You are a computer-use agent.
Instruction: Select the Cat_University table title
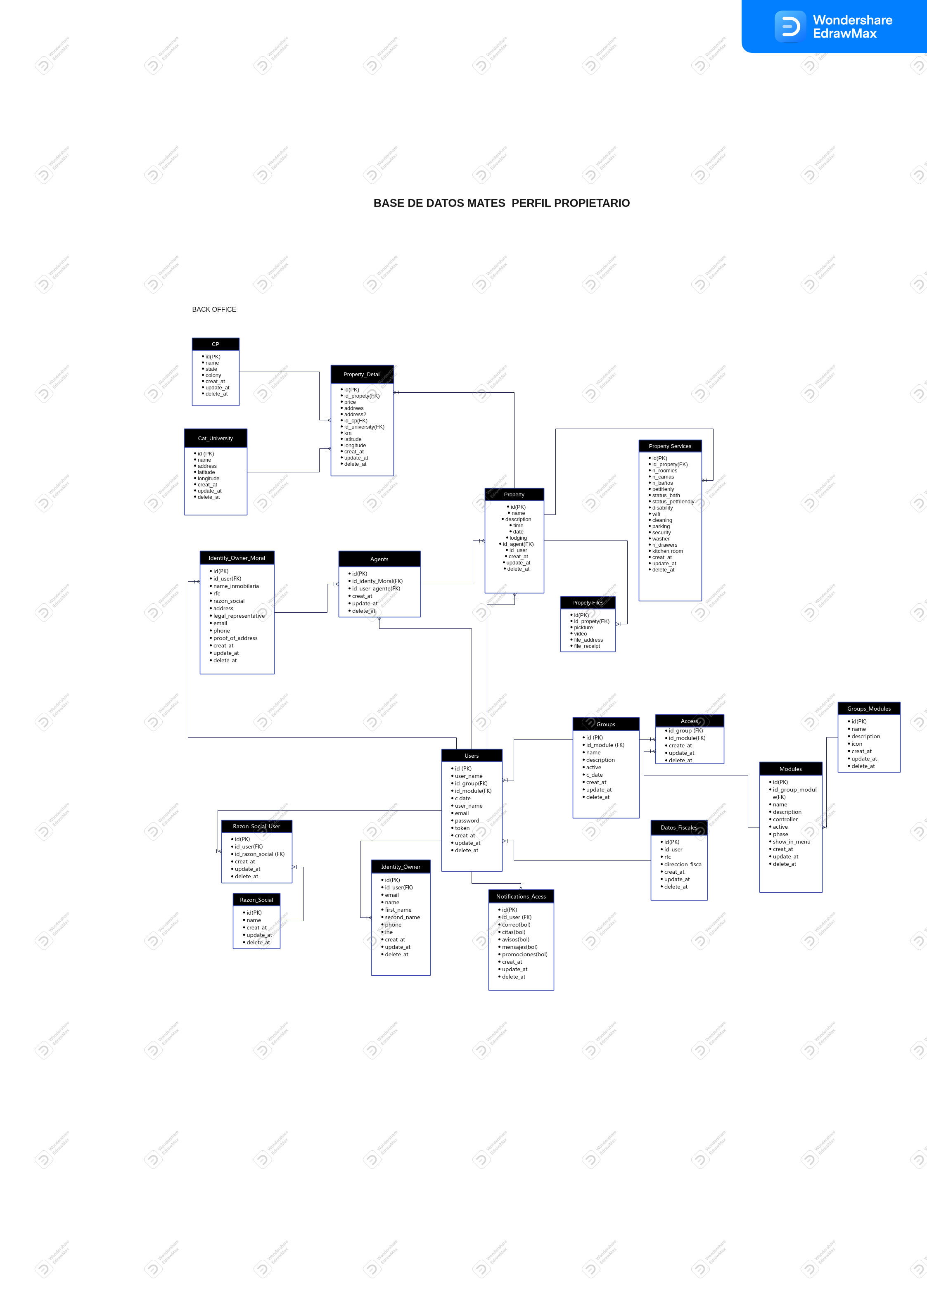coord(215,439)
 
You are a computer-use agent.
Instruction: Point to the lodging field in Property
coord(518,538)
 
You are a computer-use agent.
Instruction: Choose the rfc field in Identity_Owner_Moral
coord(216,593)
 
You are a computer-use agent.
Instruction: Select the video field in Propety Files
coord(580,634)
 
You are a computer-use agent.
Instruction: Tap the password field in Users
coord(467,820)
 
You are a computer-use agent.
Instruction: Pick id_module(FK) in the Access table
coord(687,738)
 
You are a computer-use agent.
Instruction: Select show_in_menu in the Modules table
coord(791,842)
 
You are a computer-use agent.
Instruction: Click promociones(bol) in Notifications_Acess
coord(524,954)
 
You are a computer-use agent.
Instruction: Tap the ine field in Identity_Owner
coord(389,932)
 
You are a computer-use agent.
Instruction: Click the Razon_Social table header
coord(256,900)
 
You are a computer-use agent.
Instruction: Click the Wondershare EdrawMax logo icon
coord(790,26)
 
